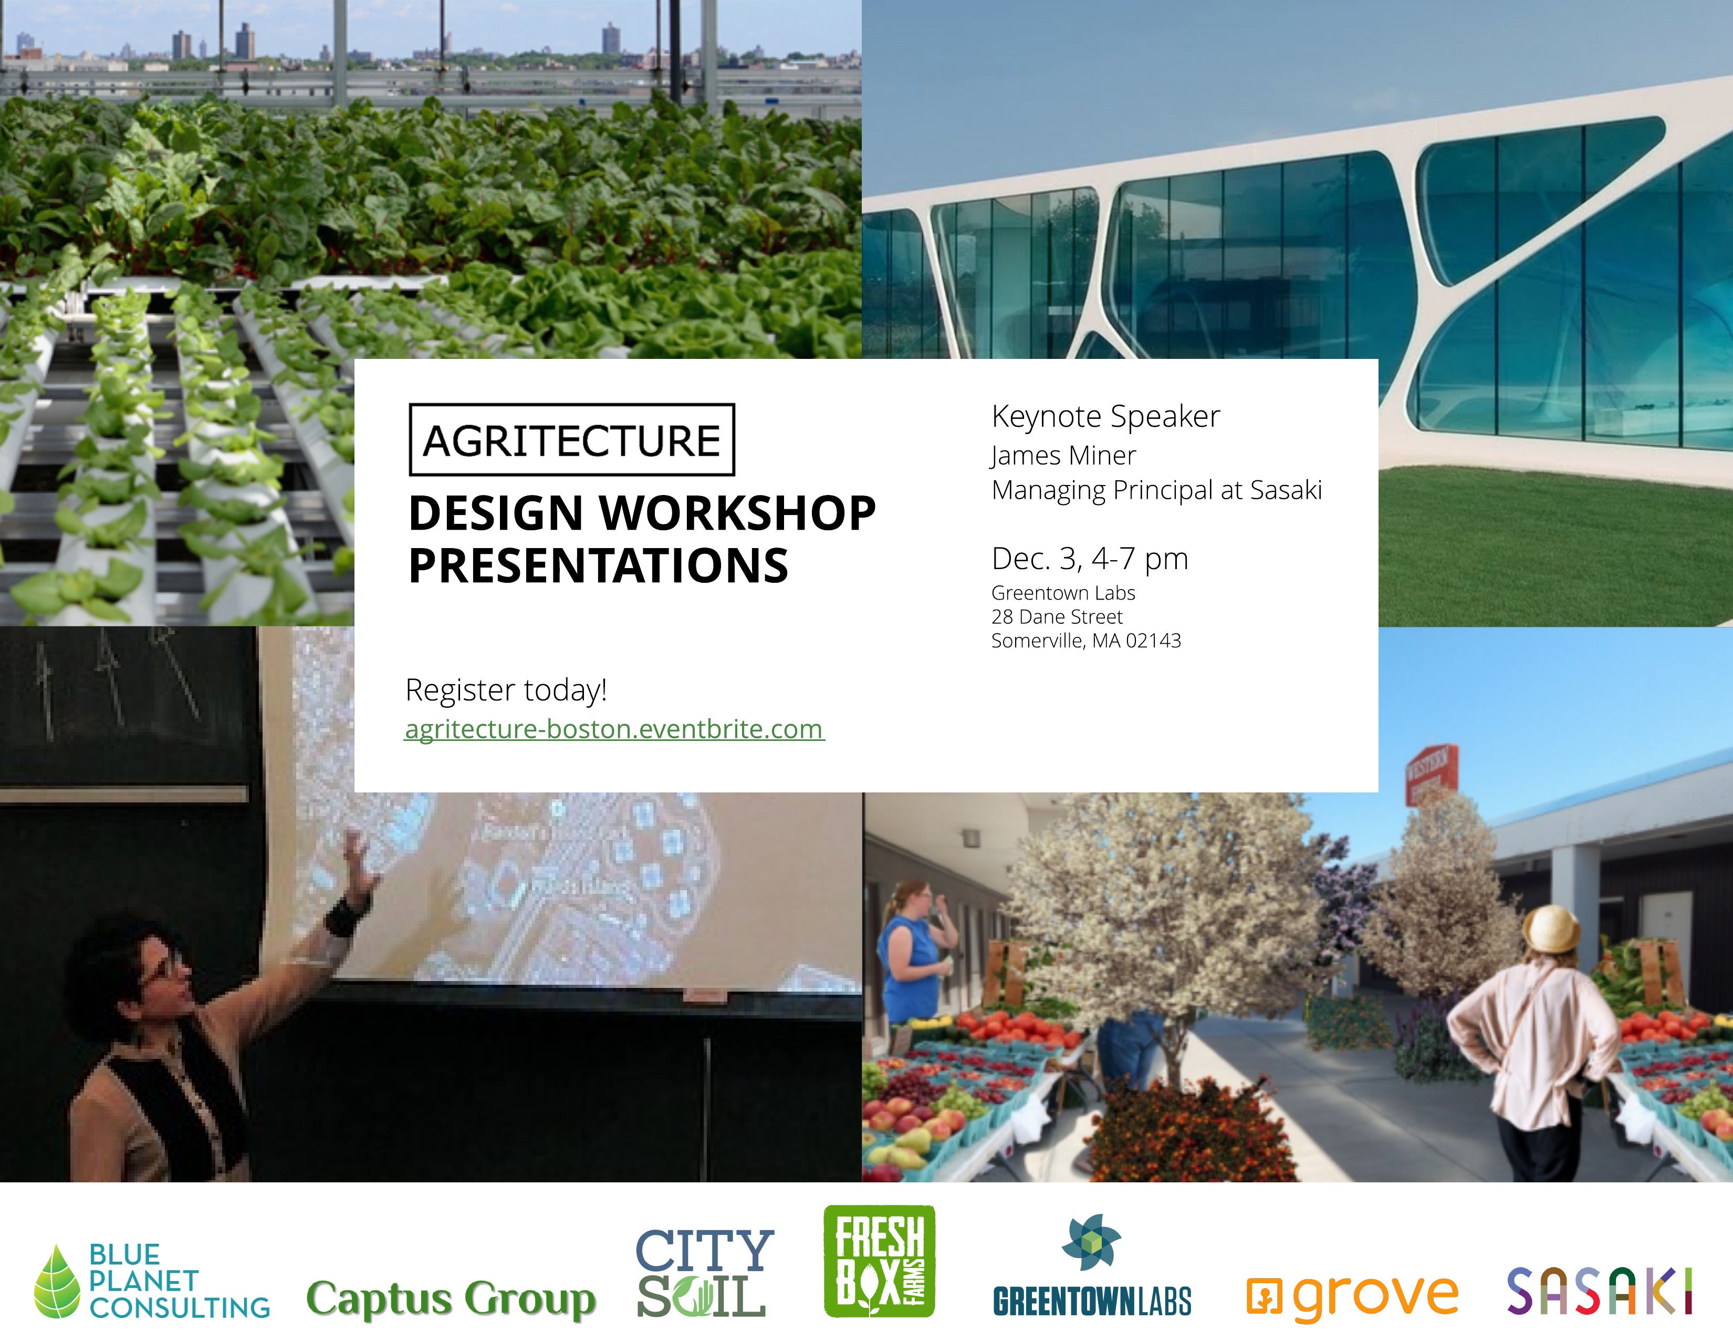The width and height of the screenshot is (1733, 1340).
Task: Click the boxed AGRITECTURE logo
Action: point(571,440)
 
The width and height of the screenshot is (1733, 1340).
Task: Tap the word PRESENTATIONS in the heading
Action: point(598,565)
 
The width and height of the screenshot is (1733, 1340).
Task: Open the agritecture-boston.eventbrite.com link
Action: point(614,729)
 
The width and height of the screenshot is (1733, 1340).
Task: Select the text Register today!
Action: point(505,690)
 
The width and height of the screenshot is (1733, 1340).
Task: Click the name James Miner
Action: point(1063,455)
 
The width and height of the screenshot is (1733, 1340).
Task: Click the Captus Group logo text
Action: point(451,1298)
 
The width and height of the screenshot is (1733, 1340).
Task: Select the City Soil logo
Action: point(703,1273)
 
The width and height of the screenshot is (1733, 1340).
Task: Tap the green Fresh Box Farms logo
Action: point(879,1261)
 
